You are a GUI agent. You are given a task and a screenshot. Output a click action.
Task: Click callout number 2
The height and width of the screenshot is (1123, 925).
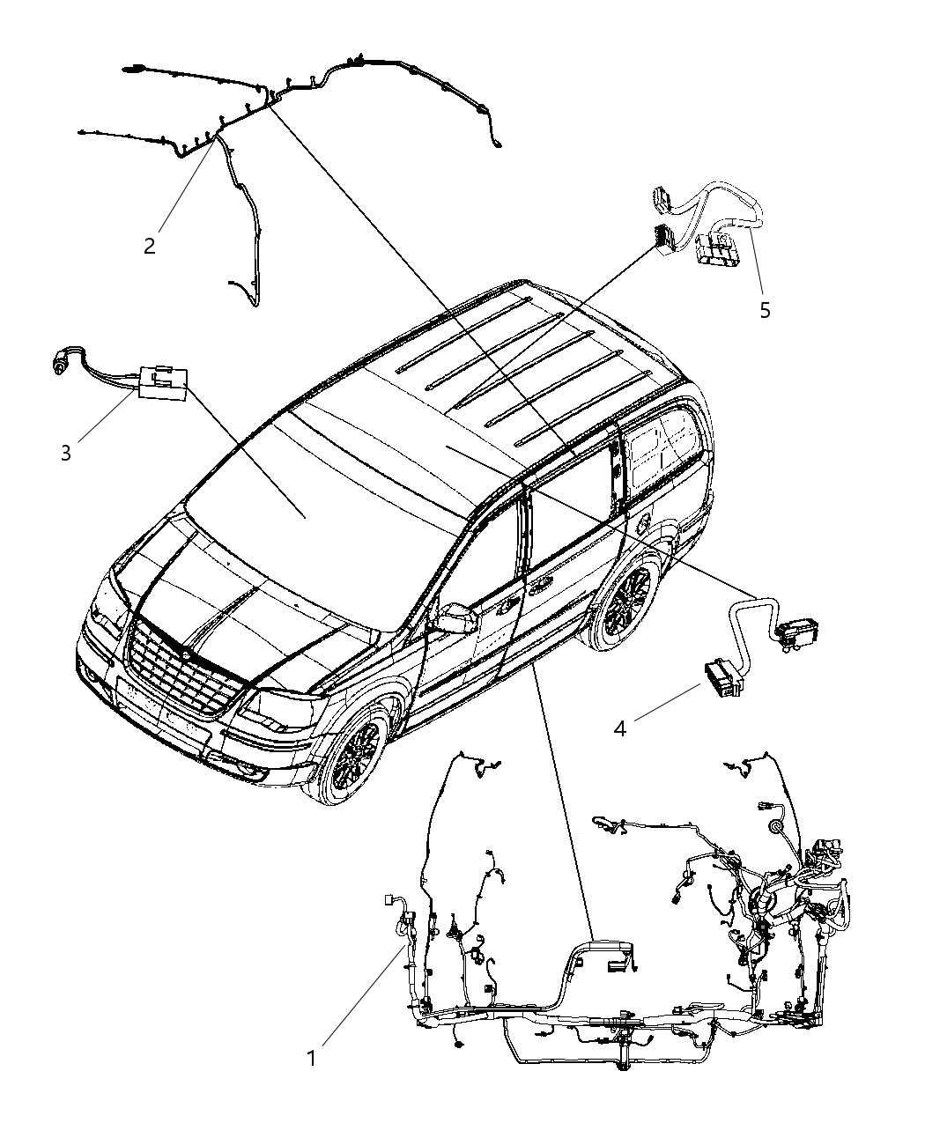(x=150, y=246)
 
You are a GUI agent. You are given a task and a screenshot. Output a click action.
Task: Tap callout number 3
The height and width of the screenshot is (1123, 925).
(x=66, y=453)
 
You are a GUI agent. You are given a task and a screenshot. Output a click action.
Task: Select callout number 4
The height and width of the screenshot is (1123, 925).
(x=620, y=729)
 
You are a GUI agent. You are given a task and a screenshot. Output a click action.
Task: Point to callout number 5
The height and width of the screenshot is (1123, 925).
(x=765, y=310)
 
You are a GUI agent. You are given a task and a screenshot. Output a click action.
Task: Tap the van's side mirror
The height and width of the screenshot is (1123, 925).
(x=455, y=618)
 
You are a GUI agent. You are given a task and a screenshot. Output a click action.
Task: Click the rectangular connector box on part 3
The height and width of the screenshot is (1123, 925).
(x=161, y=383)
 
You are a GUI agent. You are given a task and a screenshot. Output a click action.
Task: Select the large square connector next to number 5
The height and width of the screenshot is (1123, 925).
(x=719, y=248)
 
